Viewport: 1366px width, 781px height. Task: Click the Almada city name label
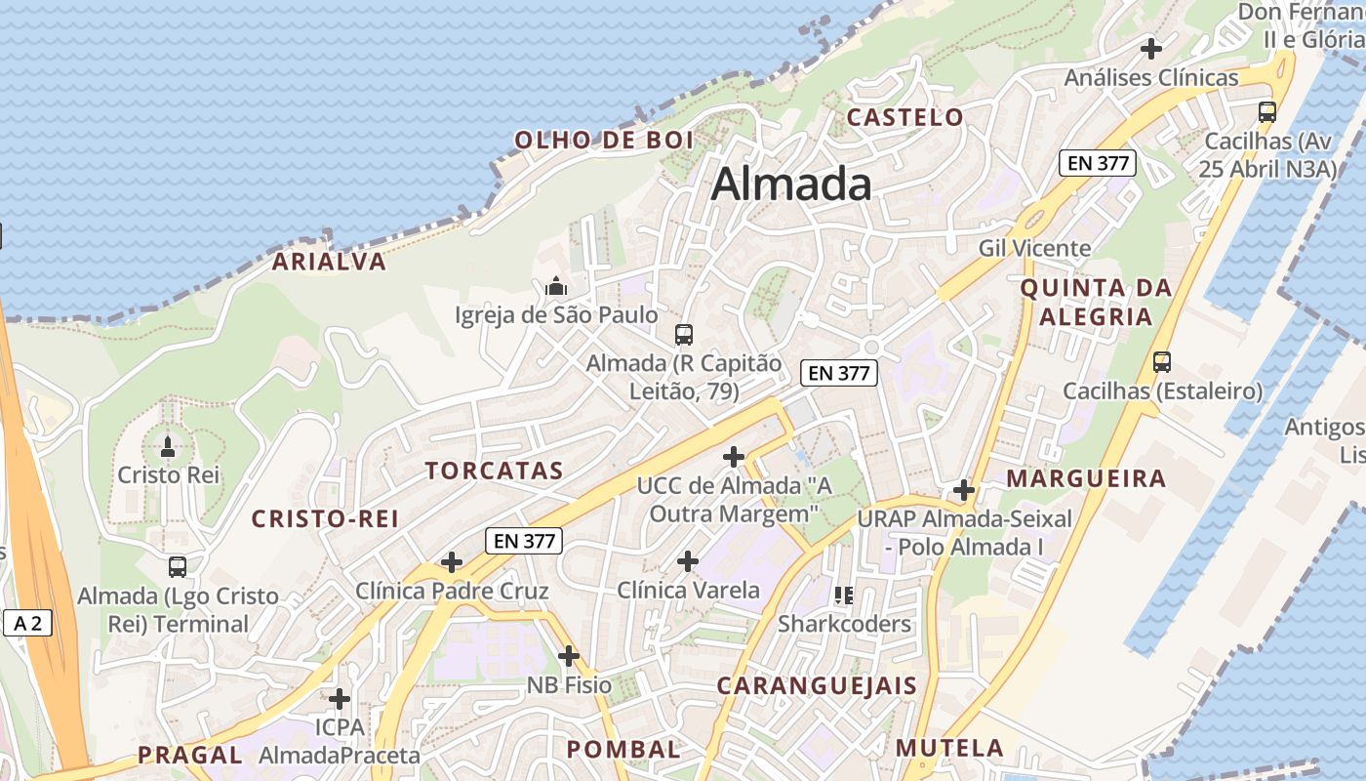click(791, 184)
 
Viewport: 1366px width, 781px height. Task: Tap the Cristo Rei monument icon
click(168, 447)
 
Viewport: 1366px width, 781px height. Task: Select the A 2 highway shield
click(27, 623)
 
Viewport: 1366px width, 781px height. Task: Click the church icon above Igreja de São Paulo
click(556, 286)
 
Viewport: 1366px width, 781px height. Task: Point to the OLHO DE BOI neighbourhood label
click(603, 140)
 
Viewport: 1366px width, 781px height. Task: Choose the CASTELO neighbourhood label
click(904, 117)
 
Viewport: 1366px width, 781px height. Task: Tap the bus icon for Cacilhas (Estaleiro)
click(1161, 362)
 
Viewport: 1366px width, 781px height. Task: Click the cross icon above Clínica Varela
click(688, 561)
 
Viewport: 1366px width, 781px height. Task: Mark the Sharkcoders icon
click(844, 595)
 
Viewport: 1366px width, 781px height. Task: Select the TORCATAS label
click(494, 471)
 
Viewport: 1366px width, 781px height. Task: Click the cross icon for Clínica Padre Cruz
click(452, 561)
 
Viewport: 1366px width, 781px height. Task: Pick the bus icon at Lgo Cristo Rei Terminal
click(177, 566)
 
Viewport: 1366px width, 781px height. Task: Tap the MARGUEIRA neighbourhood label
click(1086, 478)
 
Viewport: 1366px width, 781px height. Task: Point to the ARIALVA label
click(329, 262)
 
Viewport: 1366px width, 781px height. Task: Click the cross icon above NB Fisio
click(569, 656)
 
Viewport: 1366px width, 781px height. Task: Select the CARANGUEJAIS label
click(817, 686)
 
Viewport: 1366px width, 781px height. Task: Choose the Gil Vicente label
click(1034, 248)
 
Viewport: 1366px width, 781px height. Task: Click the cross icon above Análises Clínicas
click(1151, 48)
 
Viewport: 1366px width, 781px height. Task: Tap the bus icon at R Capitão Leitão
click(683, 335)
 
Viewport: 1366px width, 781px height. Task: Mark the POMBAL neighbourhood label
click(623, 750)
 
